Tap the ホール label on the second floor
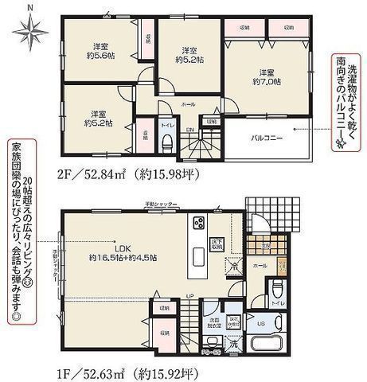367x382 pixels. pyautogui.click(x=188, y=104)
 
